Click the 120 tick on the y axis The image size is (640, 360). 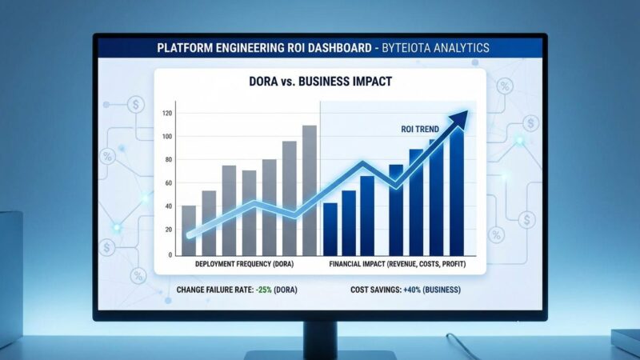tap(166, 113)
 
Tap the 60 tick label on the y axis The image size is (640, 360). tap(167, 183)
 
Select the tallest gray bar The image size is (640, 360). tap(309, 188)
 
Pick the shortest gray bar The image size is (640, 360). tap(189, 230)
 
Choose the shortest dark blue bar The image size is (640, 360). tap(330, 228)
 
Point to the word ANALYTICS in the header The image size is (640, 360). tap(462, 48)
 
